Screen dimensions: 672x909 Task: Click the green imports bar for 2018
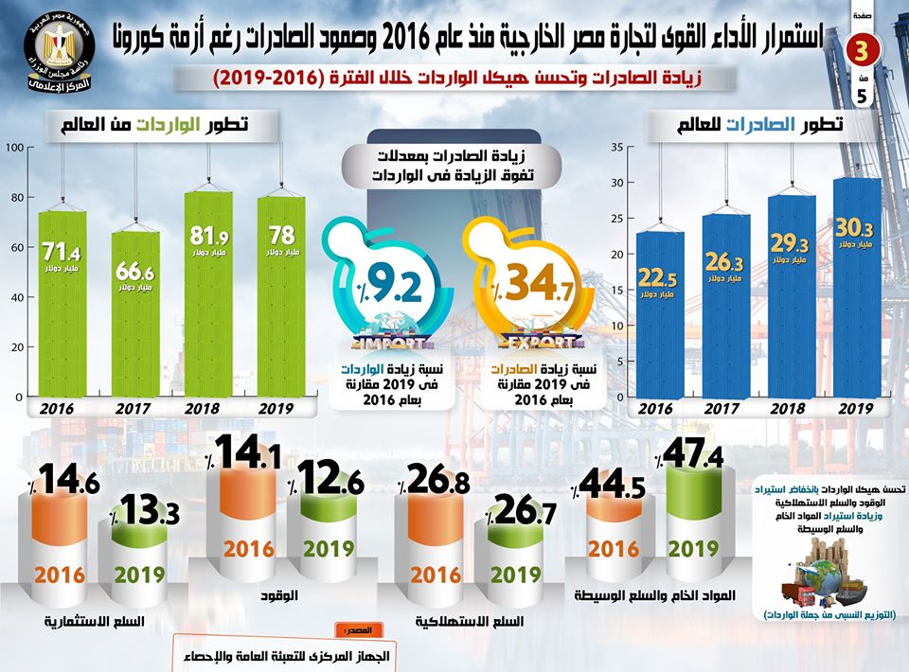click(x=207, y=293)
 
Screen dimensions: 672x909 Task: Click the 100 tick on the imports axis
click(x=12, y=148)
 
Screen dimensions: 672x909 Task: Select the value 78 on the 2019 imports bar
click(x=282, y=234)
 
